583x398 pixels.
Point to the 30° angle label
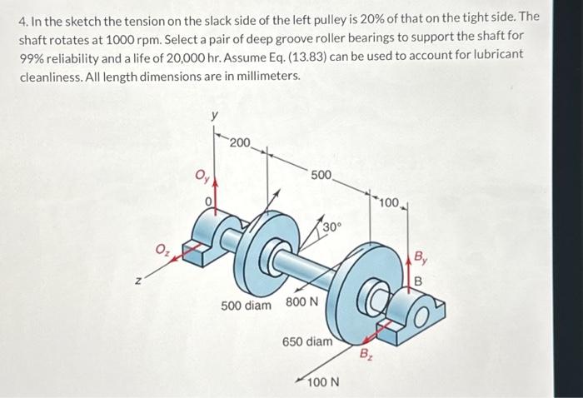[x=332, y=227]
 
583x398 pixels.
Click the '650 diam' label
[x=307, y=341]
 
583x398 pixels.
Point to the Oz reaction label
[x=162, y=247]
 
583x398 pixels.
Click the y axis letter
[x=214, y=117]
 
